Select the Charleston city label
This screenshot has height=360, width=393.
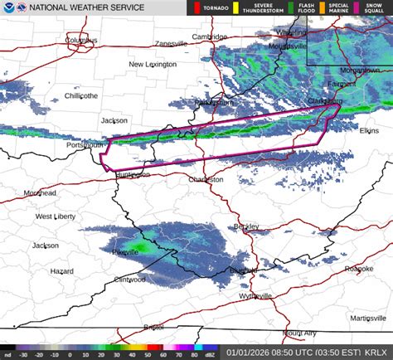tap(206, 179)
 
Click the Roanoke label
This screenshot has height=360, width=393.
tap(358, 269)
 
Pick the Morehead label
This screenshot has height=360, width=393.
tap(41, 193)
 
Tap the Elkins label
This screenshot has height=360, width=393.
tap(369, 130)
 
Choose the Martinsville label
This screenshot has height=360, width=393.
tap(368, 318)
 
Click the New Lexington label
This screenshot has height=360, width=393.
tap(153, 65)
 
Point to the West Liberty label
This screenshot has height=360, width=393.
tap(55, 216)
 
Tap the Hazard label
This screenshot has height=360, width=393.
tap(61, 271)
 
